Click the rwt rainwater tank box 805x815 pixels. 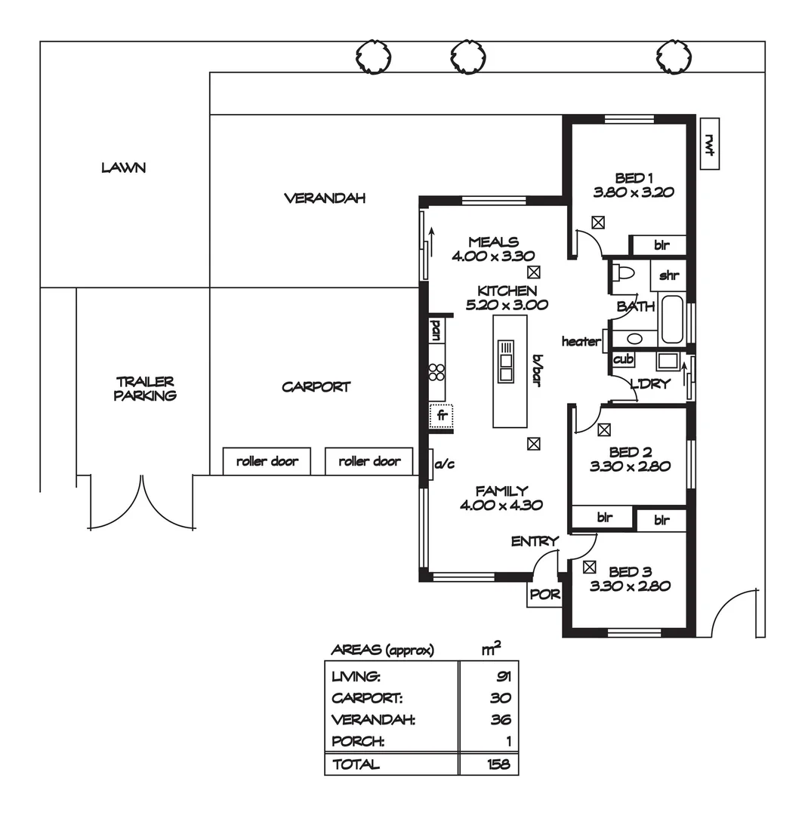click(x=709, y=143)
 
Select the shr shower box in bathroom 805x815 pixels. click(x=668, y=275)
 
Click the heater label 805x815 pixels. click(x=581, y=342)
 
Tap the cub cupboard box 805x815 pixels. click(x=623, y=359)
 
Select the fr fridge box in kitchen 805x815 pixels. click(x=441, y=414)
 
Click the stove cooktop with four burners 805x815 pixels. click(x=436, y=371)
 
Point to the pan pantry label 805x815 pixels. click(x=436, y=329)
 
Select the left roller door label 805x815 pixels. click(x=267, y=461)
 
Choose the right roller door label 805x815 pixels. click(x=369, y=461)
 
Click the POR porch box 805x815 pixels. click(x=544, y=595)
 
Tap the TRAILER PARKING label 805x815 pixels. click(x=145, y=389)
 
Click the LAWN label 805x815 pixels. click(x=123, y=168)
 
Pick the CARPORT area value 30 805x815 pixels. click(x=500, y=698)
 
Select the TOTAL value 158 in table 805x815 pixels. click(x=497, y=764)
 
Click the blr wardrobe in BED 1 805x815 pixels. click(x=661, y=245)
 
